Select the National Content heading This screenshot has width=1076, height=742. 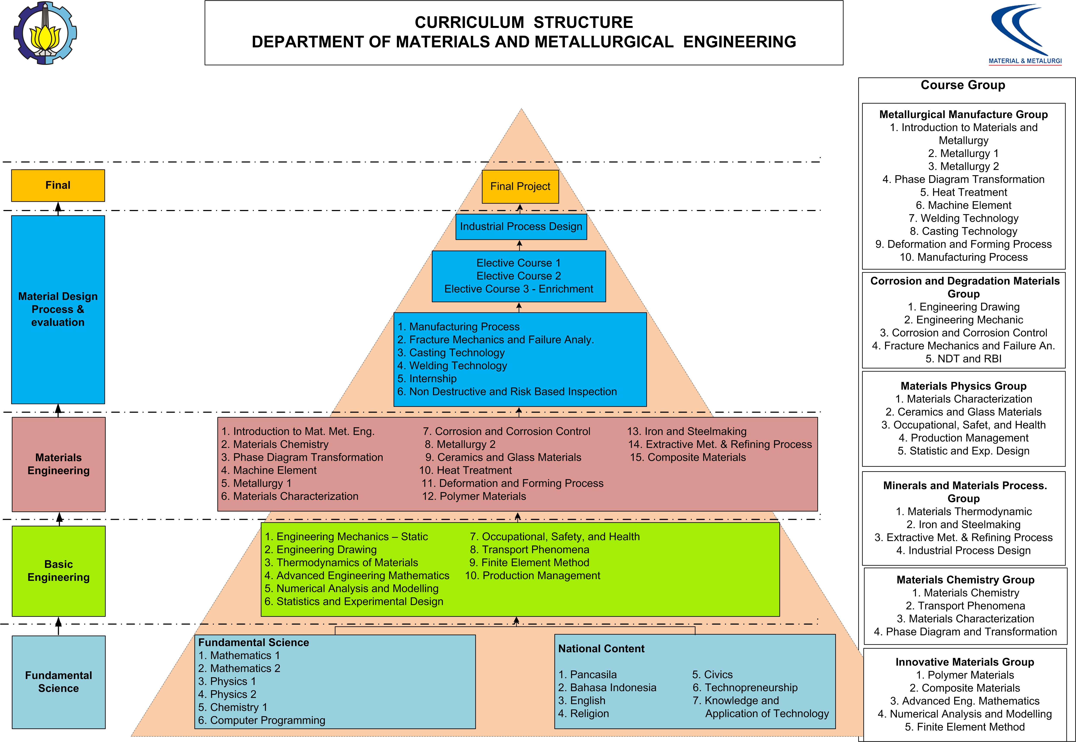[601, 649]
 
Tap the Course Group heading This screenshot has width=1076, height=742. [962, 85]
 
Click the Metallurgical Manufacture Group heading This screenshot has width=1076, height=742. [964, 114]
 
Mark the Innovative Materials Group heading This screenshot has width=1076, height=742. [965, 662]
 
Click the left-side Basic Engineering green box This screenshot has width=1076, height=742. [59, 571]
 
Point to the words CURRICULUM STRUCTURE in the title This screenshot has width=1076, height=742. [524, 22]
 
